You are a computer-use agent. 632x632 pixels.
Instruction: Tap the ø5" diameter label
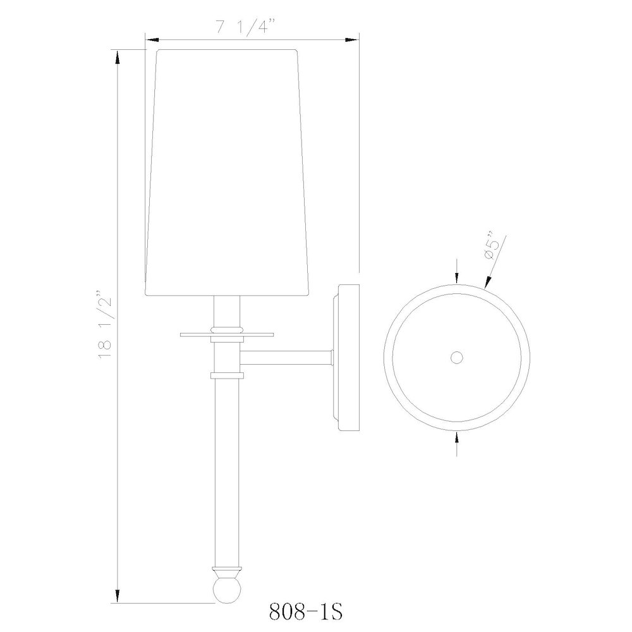coord(492,249)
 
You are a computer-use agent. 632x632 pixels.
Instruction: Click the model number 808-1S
coord(304,612)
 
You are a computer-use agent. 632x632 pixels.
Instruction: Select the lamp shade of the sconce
coord(227,171)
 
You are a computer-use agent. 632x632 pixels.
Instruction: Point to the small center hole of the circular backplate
coord(456,358)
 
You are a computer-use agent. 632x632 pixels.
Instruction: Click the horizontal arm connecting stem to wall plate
coord(288,358)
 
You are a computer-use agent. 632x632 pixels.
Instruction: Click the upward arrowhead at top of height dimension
coord(118,58)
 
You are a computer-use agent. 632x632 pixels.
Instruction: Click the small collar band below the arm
coord(227,375)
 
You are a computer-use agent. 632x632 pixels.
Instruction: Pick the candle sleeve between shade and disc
coord(227,310)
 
